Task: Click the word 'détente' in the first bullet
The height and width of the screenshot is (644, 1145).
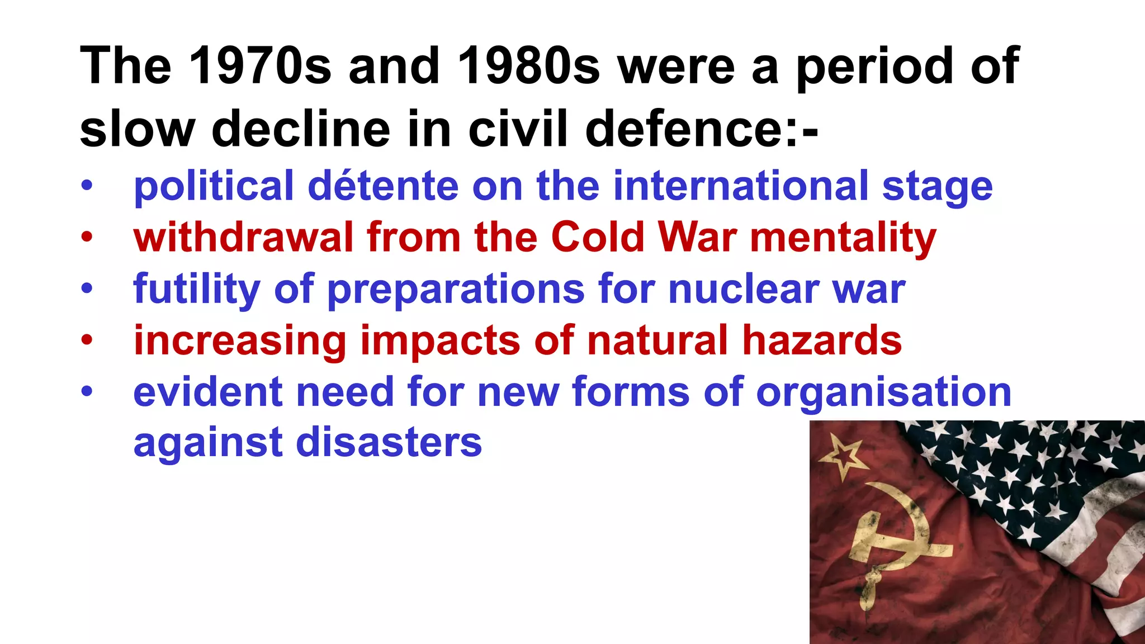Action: coord(383,186)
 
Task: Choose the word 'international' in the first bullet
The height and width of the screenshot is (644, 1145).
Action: coord(741,186)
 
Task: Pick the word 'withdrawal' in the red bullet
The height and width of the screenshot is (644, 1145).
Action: coord(243,238)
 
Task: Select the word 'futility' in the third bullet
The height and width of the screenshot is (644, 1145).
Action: coord(196,290)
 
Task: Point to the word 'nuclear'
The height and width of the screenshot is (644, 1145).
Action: coord(744,290)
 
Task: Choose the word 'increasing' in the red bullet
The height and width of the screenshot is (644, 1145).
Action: coord(240,342)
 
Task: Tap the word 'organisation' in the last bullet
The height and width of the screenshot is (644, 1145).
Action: coord(883,393)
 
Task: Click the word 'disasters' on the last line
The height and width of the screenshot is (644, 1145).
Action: coord(389,443)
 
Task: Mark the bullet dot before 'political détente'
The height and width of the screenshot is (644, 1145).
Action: coord(86,186)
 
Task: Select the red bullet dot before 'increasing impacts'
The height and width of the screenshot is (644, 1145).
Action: coord(86,340)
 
